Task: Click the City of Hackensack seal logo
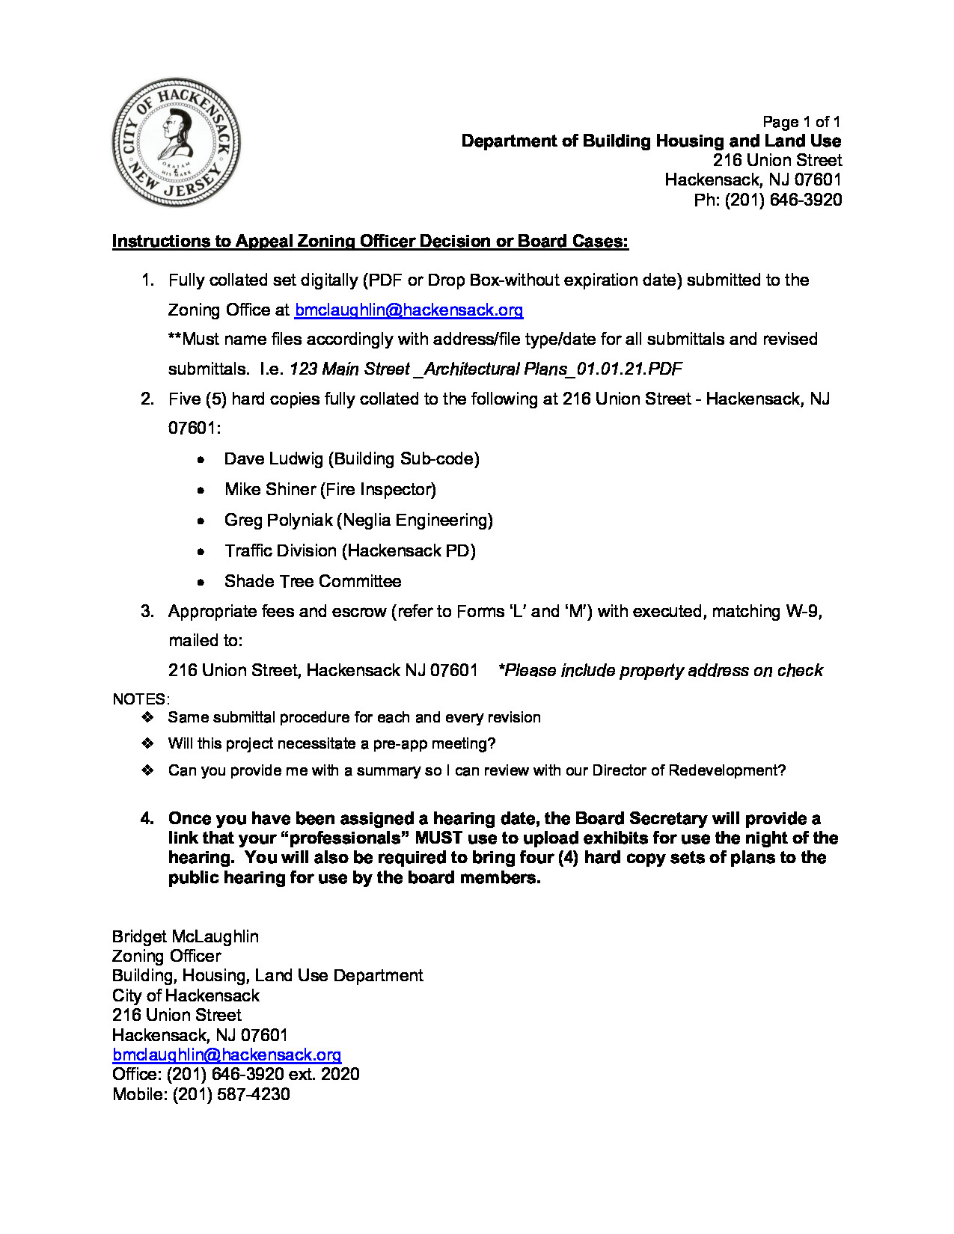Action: point(176,142)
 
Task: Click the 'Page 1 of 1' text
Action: point(801,122)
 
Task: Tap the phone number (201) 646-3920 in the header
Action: point(783,200)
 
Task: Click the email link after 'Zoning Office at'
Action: point(409,310)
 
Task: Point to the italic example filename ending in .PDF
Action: point(486,369)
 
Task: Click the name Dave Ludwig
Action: point(274,458)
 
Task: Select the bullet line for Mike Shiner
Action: point(330,489)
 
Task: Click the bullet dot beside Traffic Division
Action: point(201,551)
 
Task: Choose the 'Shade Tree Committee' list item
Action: point(313,581)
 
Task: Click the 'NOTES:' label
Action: point(141,699)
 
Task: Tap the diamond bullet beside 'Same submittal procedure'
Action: point(147,717)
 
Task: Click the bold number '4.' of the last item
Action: point(147,818)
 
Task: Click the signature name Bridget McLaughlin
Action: point(186,936)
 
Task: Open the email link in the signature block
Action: point(227,1055)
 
